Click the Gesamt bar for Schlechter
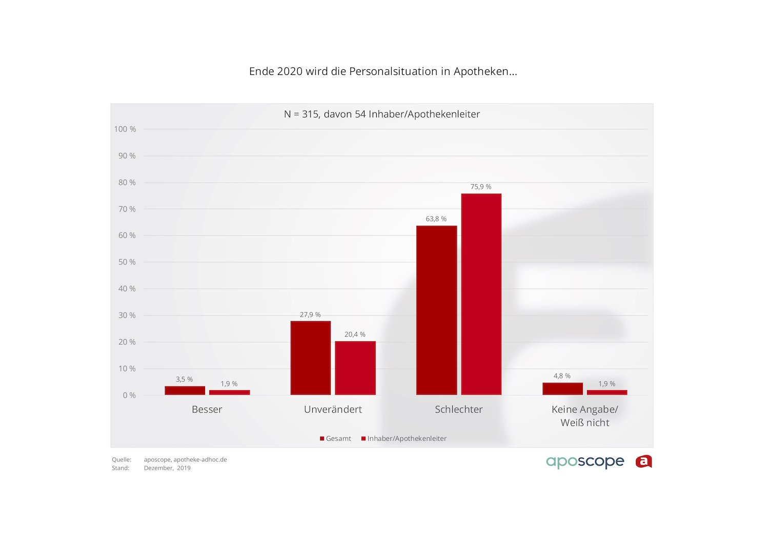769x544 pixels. pyautogui.click(x=436, y=310)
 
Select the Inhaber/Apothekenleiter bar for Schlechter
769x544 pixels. pyautogui.click(x=481, y=294)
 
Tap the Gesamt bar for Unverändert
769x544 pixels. pyautogui.click(x=311, y=358)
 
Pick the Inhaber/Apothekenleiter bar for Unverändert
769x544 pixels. pyautogui.click(x=355, y=368)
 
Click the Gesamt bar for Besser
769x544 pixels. pyautogui.click(x=185, y=391)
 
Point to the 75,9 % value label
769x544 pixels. pyautogui.click(x=481, y=187)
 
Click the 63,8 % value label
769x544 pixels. pyautogui.click(x=436, y=219)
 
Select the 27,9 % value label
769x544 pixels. pyautogui.click(x=310, y=315)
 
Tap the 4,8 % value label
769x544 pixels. pyautogui.click(x=562, y=376)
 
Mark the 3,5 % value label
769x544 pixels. pyautogui.click(x=185, y=380)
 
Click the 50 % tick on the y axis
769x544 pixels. pyautogui.click(x=127, y=262)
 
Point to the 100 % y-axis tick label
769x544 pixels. pyautogui.click(x=125, y=129)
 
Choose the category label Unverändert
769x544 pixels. pyautogui.click(x=333, y=410)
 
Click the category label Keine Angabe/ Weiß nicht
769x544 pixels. pyautogui.click(x=585, y=416)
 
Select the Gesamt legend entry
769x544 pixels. pyautogui.click(x=336, y=439)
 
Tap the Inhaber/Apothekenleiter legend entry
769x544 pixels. pyautogui.click(x=404, y=439)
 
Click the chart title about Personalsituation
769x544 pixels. pyautogui.click(x=383, y=71)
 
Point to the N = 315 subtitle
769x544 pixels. pyautogui.click(x=382, y=114)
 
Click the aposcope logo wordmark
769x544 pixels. pyautogui.click(x=585, y=462)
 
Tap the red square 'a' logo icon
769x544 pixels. pyautogui.click(x=644, y=462)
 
